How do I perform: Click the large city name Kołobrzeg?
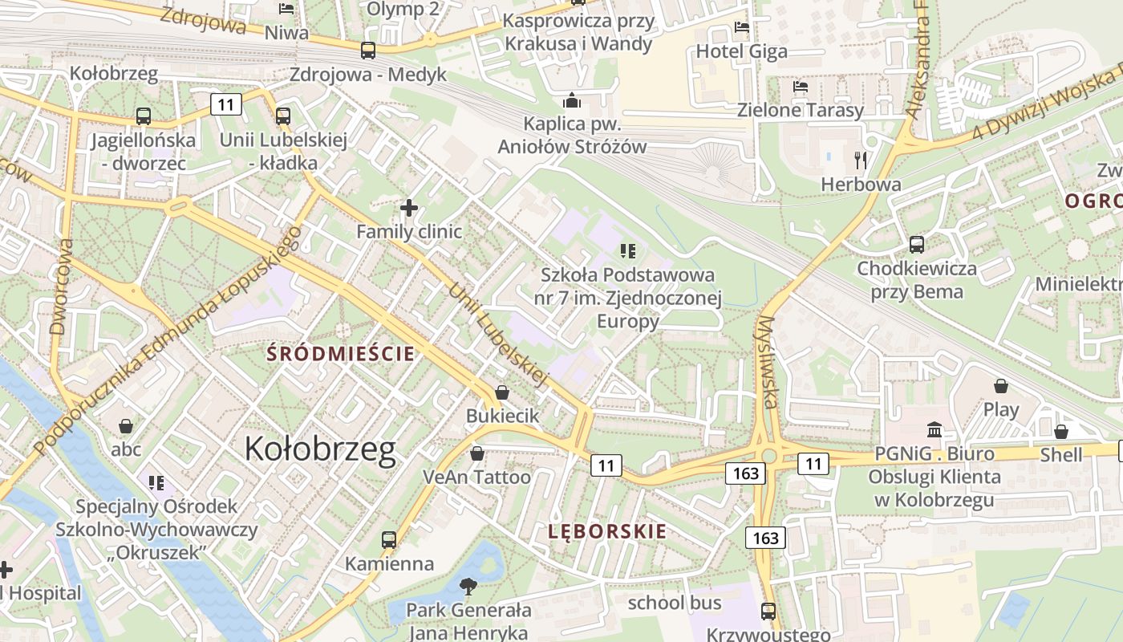point(320,449)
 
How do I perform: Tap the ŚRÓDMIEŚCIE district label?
point(341,353)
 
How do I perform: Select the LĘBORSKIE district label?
point(607,531)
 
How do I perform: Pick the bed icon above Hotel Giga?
point(741,28)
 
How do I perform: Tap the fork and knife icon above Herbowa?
point(862,160)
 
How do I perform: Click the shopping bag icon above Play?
point(1001,386)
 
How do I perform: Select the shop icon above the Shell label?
point(1061,432)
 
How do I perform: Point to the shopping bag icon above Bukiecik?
point(502,392)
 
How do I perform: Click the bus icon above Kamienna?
point(389,539)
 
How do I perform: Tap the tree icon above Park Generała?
point(468,586)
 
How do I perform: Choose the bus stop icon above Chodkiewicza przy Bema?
point(917,245)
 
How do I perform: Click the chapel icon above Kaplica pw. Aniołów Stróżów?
point(572,100)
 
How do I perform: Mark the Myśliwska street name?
point(767,361)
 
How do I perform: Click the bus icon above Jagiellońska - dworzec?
point(144,116)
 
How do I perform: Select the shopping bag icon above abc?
point(126,425)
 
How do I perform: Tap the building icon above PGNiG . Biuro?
point(934,430)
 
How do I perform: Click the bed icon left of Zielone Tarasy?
point(800,87)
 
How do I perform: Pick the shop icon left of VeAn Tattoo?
point(477,453)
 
